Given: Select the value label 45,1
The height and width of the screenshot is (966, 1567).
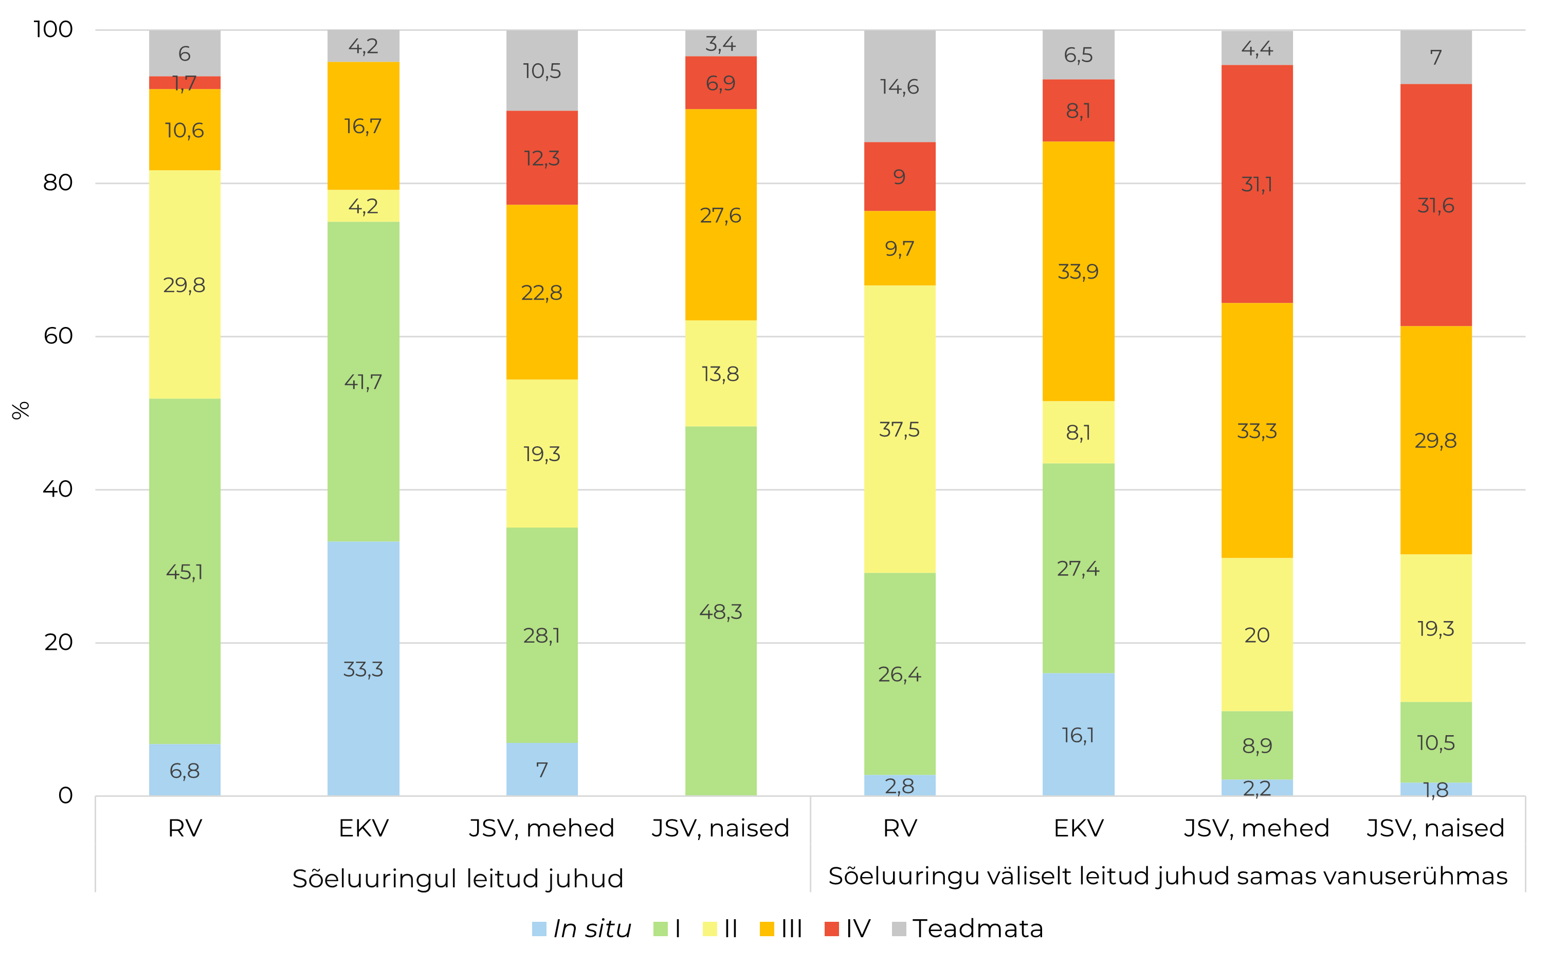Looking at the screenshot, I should coord(185,572).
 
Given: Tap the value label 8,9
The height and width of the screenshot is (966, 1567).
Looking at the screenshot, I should coord(1256,745).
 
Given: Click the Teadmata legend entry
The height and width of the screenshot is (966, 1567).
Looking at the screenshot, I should coord(977,928).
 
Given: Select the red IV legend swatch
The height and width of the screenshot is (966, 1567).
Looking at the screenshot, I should coord(831,929).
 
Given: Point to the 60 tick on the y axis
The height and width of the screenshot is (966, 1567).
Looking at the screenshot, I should coord(58,336).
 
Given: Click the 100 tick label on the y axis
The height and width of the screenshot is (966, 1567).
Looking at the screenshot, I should coord(53,29).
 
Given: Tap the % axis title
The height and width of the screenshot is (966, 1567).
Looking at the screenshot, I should coord(21,410).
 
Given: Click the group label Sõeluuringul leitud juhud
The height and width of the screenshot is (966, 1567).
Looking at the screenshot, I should coord(458,879).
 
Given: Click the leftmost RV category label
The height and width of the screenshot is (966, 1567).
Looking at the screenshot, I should coord(185,828).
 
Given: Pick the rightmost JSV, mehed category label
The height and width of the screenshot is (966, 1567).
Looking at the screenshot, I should coord(1256,828).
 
